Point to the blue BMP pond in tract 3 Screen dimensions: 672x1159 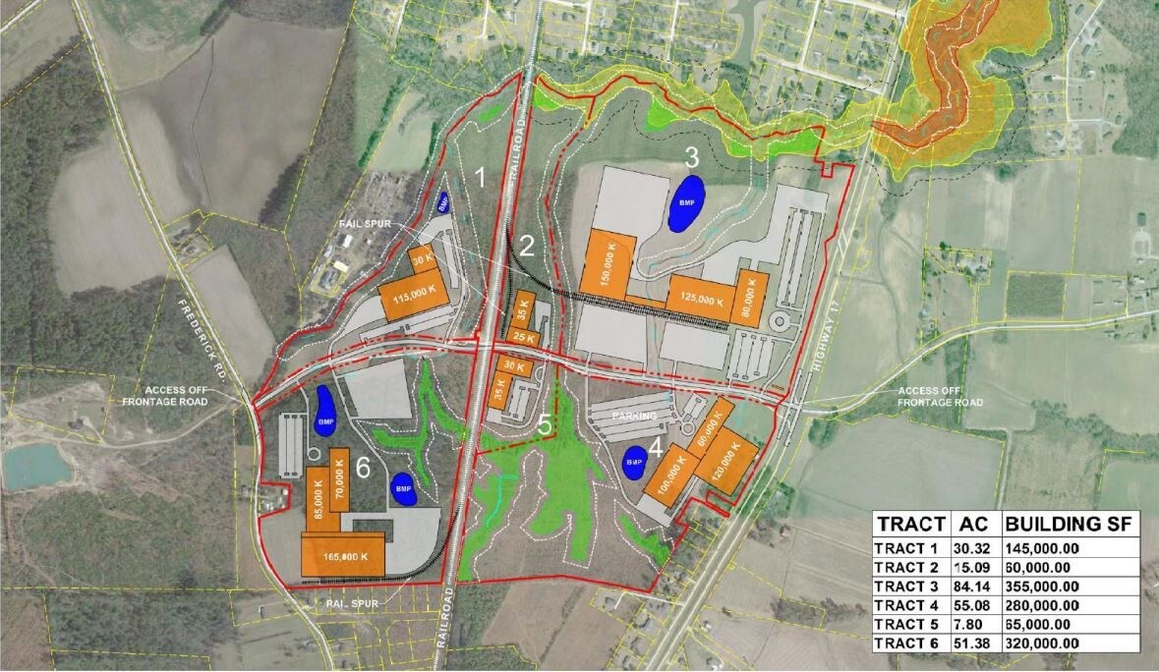click(x=687, y=202)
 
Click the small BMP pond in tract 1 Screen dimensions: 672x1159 click(x=442, y=203)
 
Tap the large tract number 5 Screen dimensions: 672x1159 click(x=545, y=425)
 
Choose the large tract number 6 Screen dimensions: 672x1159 click(x=362, y=469)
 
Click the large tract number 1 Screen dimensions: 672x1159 click(x=481, y=178)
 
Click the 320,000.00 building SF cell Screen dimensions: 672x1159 click(x=1042, y=643)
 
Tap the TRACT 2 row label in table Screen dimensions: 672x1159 click(x=908, y=568)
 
